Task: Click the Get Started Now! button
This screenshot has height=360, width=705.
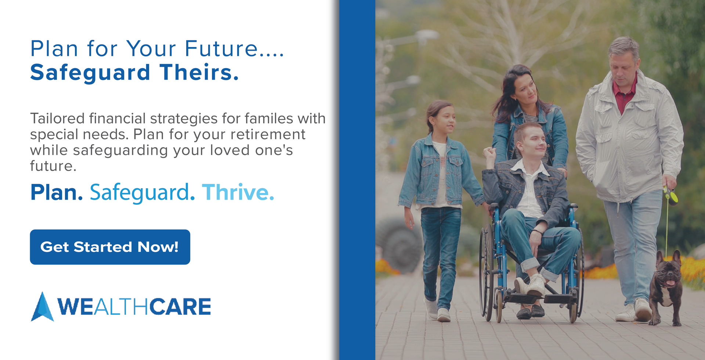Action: [110, 247]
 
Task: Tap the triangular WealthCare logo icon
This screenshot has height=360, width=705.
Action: [43, 307]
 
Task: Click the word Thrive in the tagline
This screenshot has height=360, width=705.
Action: [238, 192]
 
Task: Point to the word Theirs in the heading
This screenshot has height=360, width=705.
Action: [199, 72]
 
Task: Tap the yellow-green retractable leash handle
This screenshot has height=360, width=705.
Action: [671, 196]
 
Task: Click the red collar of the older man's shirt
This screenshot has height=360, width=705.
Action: [625, 93]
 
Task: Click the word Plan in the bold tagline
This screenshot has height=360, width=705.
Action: [57, 192]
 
